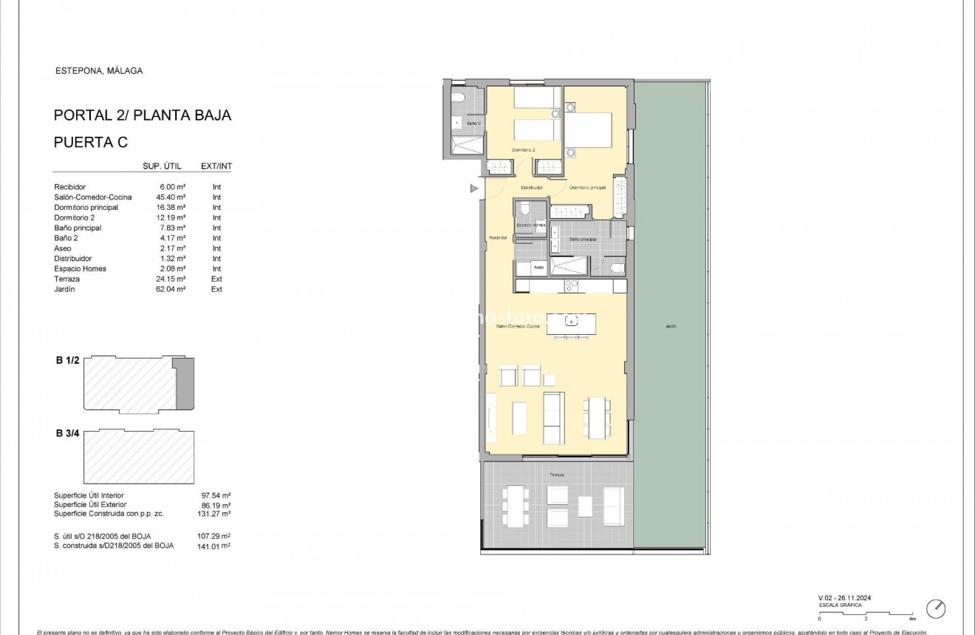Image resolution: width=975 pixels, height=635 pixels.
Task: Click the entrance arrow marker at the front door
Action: pyautogui.click(x=473, y=189)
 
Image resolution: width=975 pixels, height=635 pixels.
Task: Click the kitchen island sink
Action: pyautogui.click(x=571, y=321)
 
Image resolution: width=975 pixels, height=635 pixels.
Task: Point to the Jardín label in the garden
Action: pyautogui.click(x=670, y=326)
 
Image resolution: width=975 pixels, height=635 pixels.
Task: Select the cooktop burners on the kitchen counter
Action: pyautogui.click(x=572, y=285)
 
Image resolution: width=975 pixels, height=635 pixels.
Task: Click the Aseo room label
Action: pyautogui.click(x=539, y=267)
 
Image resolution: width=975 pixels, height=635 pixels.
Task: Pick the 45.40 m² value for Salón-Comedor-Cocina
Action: pyautogui.click(x=171, y=197)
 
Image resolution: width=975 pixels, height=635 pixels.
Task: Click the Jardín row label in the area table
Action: pyautogui.click(x=65, y=289)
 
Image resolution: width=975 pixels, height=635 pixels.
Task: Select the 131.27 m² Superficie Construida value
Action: pyautogui.click(x=216, y=513)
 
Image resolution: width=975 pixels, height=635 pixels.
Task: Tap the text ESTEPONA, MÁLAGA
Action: pyautogui.click(x=99, y=71)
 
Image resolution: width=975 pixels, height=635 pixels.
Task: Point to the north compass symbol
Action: pyautogui.click(x=936, y=608)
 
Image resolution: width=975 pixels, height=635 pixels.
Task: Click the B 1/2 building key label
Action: pyautogui.click(x=68, y=361)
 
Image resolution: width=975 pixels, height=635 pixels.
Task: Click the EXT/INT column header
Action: pyautogui.click(x=216, y=166)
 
